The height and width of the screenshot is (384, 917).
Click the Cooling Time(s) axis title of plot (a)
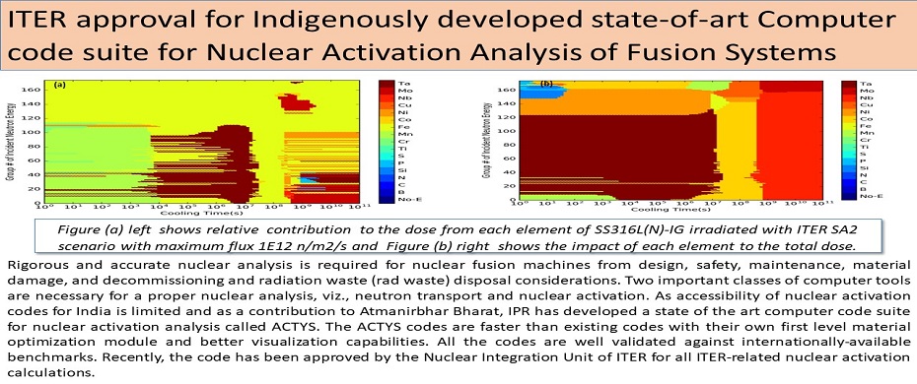click(x=197, y=211)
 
